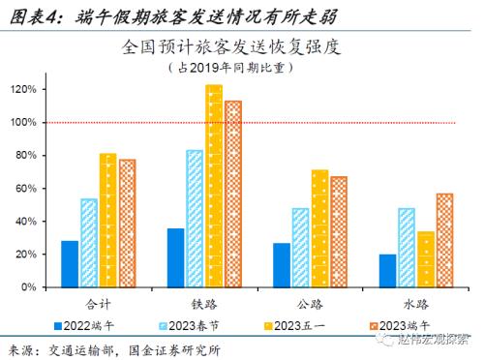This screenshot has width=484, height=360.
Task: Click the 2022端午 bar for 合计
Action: coord(70,264)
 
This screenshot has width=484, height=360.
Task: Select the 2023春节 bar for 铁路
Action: coord(195,219)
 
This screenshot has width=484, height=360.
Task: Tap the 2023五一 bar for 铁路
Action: coord(213,186)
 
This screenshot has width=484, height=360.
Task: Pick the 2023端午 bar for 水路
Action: coord(444,240)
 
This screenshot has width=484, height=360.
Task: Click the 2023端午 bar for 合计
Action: coord(128,224)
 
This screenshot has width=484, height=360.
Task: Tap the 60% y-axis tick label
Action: coord(26,189)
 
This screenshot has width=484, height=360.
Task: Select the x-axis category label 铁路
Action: coord(203,303)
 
